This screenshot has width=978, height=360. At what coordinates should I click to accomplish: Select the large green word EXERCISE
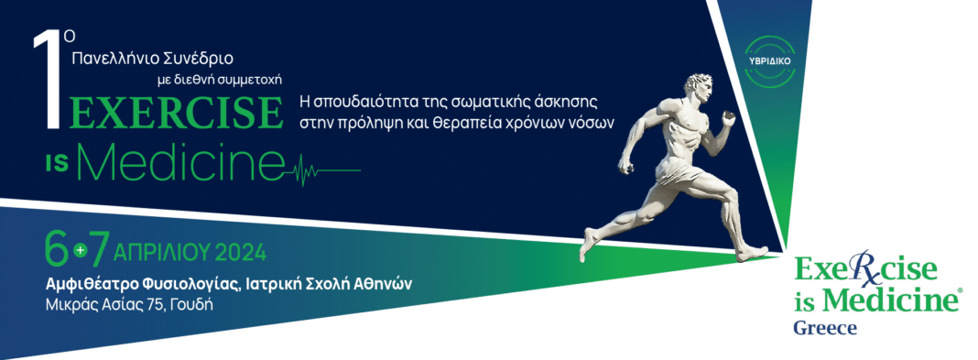(x=175, y=113)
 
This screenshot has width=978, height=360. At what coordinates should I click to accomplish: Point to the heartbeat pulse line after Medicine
(x=322, y=169)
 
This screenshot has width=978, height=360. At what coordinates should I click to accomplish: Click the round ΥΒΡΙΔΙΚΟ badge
(x=769, y=61)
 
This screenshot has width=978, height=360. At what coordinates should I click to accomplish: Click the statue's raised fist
(x=727, y=118)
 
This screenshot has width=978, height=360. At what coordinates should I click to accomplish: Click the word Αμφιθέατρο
(x=89, y=285)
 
